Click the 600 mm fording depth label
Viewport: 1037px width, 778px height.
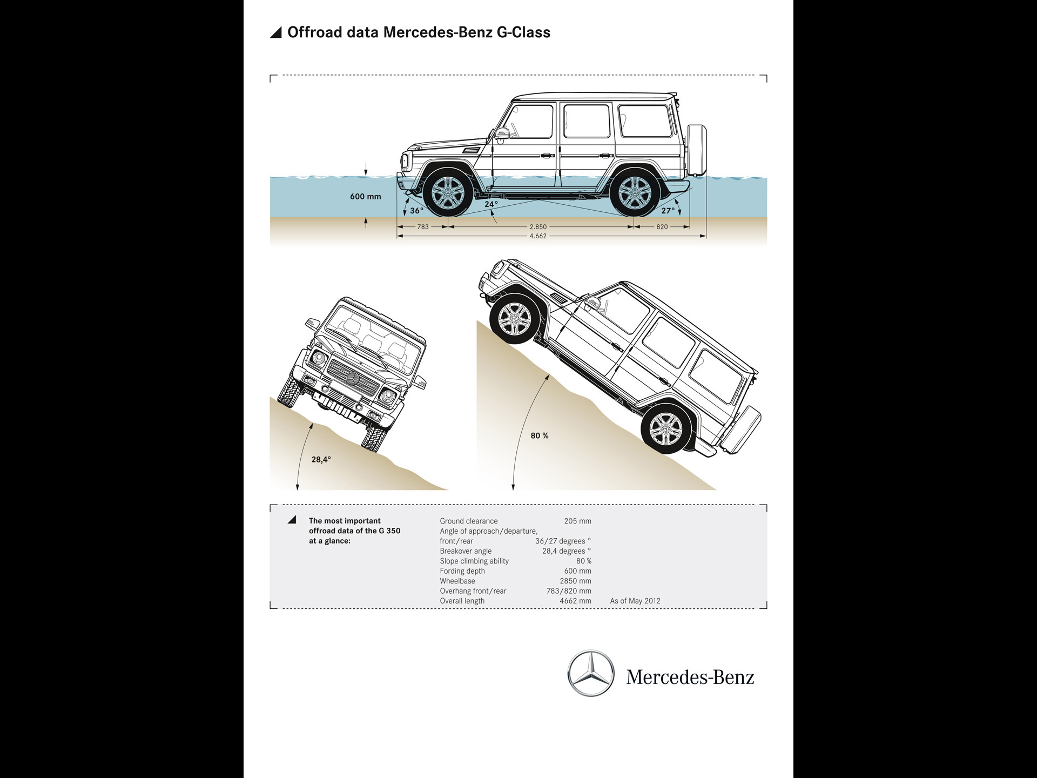(x=365, y=197)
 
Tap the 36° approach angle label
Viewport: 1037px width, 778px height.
(x=416, y=211)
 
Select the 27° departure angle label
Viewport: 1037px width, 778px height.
(x=668, y=211)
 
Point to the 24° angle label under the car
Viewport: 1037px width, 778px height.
(x=491, y=204)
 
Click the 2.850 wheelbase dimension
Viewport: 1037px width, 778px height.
(x=538, y=227)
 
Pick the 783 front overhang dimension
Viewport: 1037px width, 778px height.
(x=423, y=227)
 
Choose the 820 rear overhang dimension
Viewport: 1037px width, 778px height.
(x=662, y=227)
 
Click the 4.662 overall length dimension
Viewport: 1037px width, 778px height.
(x=538, y=236)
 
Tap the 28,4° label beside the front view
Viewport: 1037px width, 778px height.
(x=321, y=460)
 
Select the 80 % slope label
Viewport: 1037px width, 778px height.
(x=539, y=435)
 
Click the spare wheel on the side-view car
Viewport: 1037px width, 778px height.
(x=697, y=150)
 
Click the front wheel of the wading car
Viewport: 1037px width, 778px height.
(x=447, y=192)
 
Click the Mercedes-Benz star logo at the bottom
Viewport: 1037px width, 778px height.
(x=590, y=673)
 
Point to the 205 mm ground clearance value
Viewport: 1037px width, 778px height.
(x=577, y=521)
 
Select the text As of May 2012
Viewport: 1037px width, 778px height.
(x=635, y=601)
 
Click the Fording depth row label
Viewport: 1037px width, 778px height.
(x=462, y=571)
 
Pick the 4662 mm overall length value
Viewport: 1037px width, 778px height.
(x=575, y=601)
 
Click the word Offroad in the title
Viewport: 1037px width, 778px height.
(x=314, y=32)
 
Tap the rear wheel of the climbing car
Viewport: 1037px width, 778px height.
(x=665, y=430)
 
